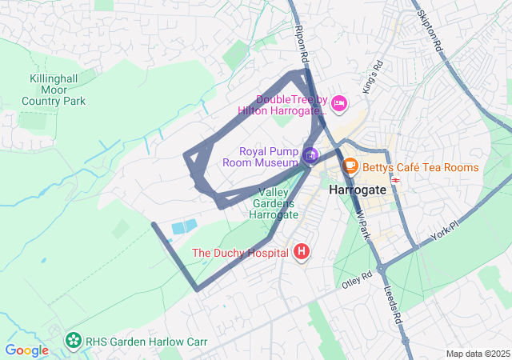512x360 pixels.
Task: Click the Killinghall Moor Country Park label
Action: click(53, 90)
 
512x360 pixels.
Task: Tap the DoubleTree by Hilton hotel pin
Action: click(339, 103)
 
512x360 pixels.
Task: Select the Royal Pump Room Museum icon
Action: click(310, 154)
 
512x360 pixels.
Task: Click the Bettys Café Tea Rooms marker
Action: click(350, 166)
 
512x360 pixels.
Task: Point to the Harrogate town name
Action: click(358, 190)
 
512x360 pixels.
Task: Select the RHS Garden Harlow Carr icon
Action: click(74, 342)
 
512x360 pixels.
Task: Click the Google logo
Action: click(26, 350)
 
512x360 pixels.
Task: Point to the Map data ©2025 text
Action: click(477, 354)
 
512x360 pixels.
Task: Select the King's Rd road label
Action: click(373, 77)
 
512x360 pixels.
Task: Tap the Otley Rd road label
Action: click(357, 279)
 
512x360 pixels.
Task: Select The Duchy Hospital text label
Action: click(240, 253)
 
